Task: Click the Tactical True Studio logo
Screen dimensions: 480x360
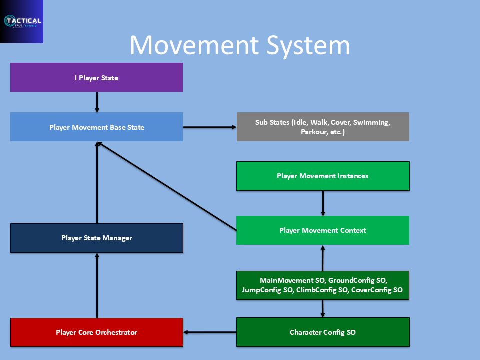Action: click(x=21, y=21)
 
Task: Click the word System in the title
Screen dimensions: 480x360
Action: click(x=308, y=46)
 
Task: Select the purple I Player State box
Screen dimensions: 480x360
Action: click(x=96, y=78)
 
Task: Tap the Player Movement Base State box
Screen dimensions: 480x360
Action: click(x=96, y=127)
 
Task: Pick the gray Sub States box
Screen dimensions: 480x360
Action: click(x=323, y=127)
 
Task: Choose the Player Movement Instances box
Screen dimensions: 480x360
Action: click(x=323, y=176)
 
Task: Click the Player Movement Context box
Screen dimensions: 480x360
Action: click(x=323, y=230)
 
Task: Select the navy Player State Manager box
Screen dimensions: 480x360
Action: click(x=97, y=238)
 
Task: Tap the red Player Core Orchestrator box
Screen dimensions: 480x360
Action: click(x=97, y=332)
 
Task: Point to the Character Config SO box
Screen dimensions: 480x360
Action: click(x=323, y=332)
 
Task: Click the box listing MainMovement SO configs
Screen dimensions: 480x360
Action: click(x=323, y=285)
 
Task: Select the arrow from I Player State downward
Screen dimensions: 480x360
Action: click(x=97, y=102)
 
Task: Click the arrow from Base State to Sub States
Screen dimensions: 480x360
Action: click(x=210, y=127)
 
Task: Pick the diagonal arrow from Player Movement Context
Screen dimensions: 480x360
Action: click(x=167, y=186)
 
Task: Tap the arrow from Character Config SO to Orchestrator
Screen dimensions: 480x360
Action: click(x=210, y=332)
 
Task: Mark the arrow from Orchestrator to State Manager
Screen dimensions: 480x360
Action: click(x=97, y=285)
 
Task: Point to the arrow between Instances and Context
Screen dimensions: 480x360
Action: click(x=323, y=203)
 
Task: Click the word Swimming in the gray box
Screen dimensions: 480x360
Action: click(x=372, y=123)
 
